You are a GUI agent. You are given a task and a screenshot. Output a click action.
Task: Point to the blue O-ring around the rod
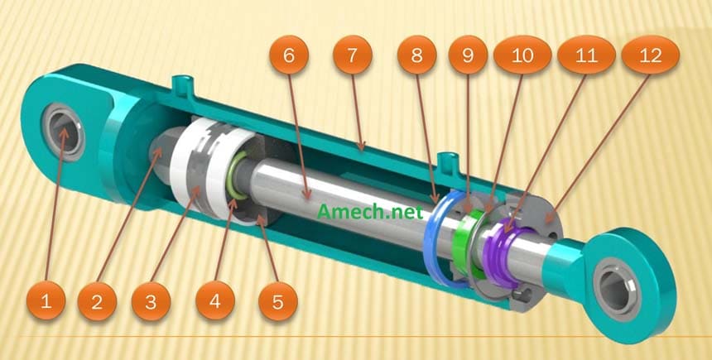(431, 240)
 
